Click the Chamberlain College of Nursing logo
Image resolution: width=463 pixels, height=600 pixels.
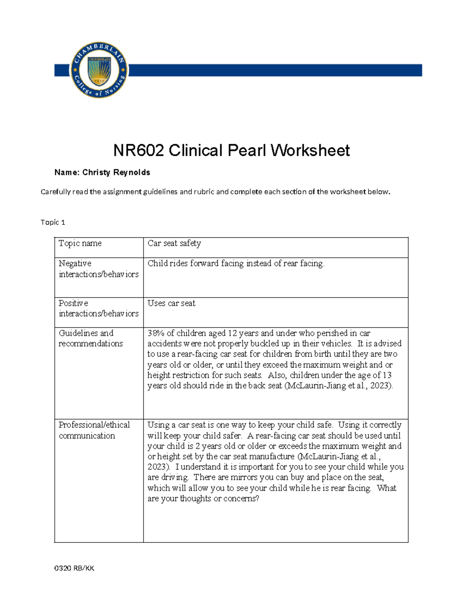click(99, 70)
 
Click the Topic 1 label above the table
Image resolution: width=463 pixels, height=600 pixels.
click(53, 222)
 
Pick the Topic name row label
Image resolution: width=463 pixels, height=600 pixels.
click(80, 243)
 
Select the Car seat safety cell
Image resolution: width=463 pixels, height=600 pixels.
click(174, 243)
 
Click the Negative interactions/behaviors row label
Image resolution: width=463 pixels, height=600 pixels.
click(98, 269)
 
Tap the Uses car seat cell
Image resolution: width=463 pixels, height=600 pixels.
click(171, 303)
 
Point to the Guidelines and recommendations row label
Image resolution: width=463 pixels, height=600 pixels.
click(91, 338)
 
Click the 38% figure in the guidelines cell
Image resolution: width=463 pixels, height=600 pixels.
click(155, 333)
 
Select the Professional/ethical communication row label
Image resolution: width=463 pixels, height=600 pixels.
click(94, 430)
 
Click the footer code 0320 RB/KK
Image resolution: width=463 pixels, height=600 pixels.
click(74, 568)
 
